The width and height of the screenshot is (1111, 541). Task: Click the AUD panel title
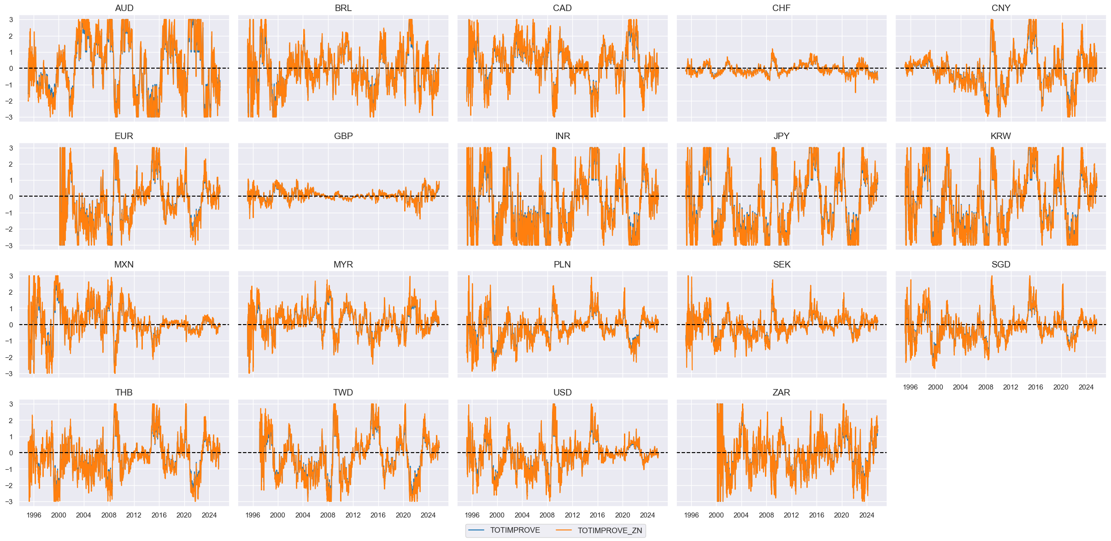[124, 8]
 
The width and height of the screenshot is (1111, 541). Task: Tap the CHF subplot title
[781, 8]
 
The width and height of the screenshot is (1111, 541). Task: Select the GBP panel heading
[343, 136]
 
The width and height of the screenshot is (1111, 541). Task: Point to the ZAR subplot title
[781, 392]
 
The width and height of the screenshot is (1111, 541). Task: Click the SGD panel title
[1000, 264]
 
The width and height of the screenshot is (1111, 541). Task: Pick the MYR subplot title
[343, 264]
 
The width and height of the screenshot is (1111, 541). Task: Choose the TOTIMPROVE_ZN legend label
[610, 530]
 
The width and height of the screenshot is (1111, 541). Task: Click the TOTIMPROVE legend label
[515, 530]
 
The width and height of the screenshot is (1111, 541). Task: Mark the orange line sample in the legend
[564, 530]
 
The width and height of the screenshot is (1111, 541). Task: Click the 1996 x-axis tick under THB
[34, 515]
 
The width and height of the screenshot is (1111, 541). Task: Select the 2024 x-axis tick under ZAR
[866, 515]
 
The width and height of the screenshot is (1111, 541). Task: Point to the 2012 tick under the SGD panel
[1011, 387]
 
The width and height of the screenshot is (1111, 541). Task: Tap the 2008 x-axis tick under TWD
[328, 515]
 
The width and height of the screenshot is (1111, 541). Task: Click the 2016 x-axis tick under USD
[597, 515]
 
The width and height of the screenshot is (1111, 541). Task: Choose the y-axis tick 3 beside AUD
[11, 20]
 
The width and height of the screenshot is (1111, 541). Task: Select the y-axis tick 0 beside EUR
[11, 197]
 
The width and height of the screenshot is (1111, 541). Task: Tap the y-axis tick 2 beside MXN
[11, 292]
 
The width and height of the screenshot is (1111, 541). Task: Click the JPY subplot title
[781, 136]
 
